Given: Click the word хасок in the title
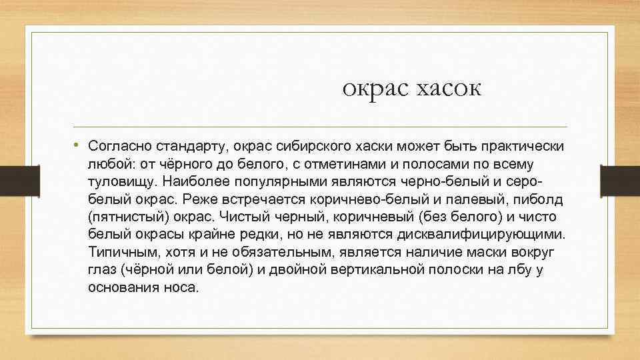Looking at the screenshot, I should tap(448, 88).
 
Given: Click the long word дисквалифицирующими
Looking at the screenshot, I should tap(480, 235).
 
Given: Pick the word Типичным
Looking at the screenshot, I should tap(118, 253).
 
